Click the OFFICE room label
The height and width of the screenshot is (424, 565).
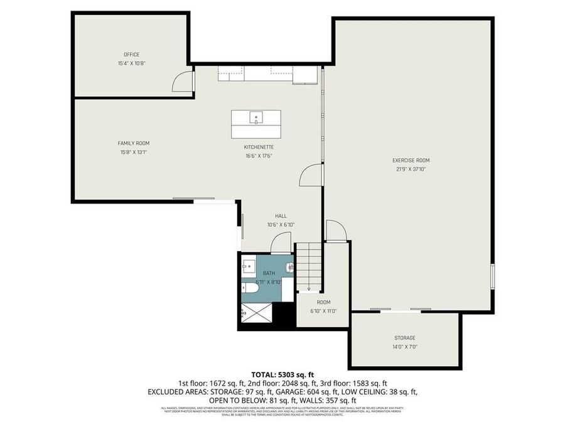[x=131, y=55]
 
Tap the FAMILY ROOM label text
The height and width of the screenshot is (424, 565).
[x=134, y=143]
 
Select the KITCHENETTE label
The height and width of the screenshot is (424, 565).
[x=259, y=147]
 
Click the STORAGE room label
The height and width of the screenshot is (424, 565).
[x=405, y=338]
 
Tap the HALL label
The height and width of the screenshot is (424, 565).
[x=281, y=215]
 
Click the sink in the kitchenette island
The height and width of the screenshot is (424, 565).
[x=256, y=117]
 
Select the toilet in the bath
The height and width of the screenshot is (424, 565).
[x=249, y=288]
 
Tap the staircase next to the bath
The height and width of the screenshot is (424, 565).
[x=308, y=267]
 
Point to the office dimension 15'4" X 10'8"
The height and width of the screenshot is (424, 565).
[x=131, y=63]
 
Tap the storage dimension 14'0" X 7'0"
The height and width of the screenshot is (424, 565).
[x=405, y=347]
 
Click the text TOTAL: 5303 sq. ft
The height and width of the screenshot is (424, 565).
[x=282, y=374]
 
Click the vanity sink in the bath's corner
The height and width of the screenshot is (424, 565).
[x=249, y=266]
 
